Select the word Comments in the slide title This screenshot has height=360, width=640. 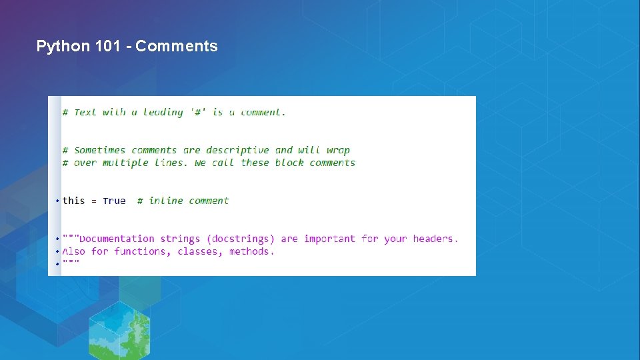point(177,46)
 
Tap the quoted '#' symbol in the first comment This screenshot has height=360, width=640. point(197,112)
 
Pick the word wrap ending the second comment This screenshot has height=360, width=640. point(338,150)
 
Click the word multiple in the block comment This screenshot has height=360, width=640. point(125,163)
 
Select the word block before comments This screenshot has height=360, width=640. point(289,163)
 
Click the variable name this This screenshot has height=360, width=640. point(74,201)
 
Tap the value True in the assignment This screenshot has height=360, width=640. point(114,201)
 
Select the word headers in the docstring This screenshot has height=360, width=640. point(435,239)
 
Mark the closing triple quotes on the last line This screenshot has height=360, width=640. point(71,264)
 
